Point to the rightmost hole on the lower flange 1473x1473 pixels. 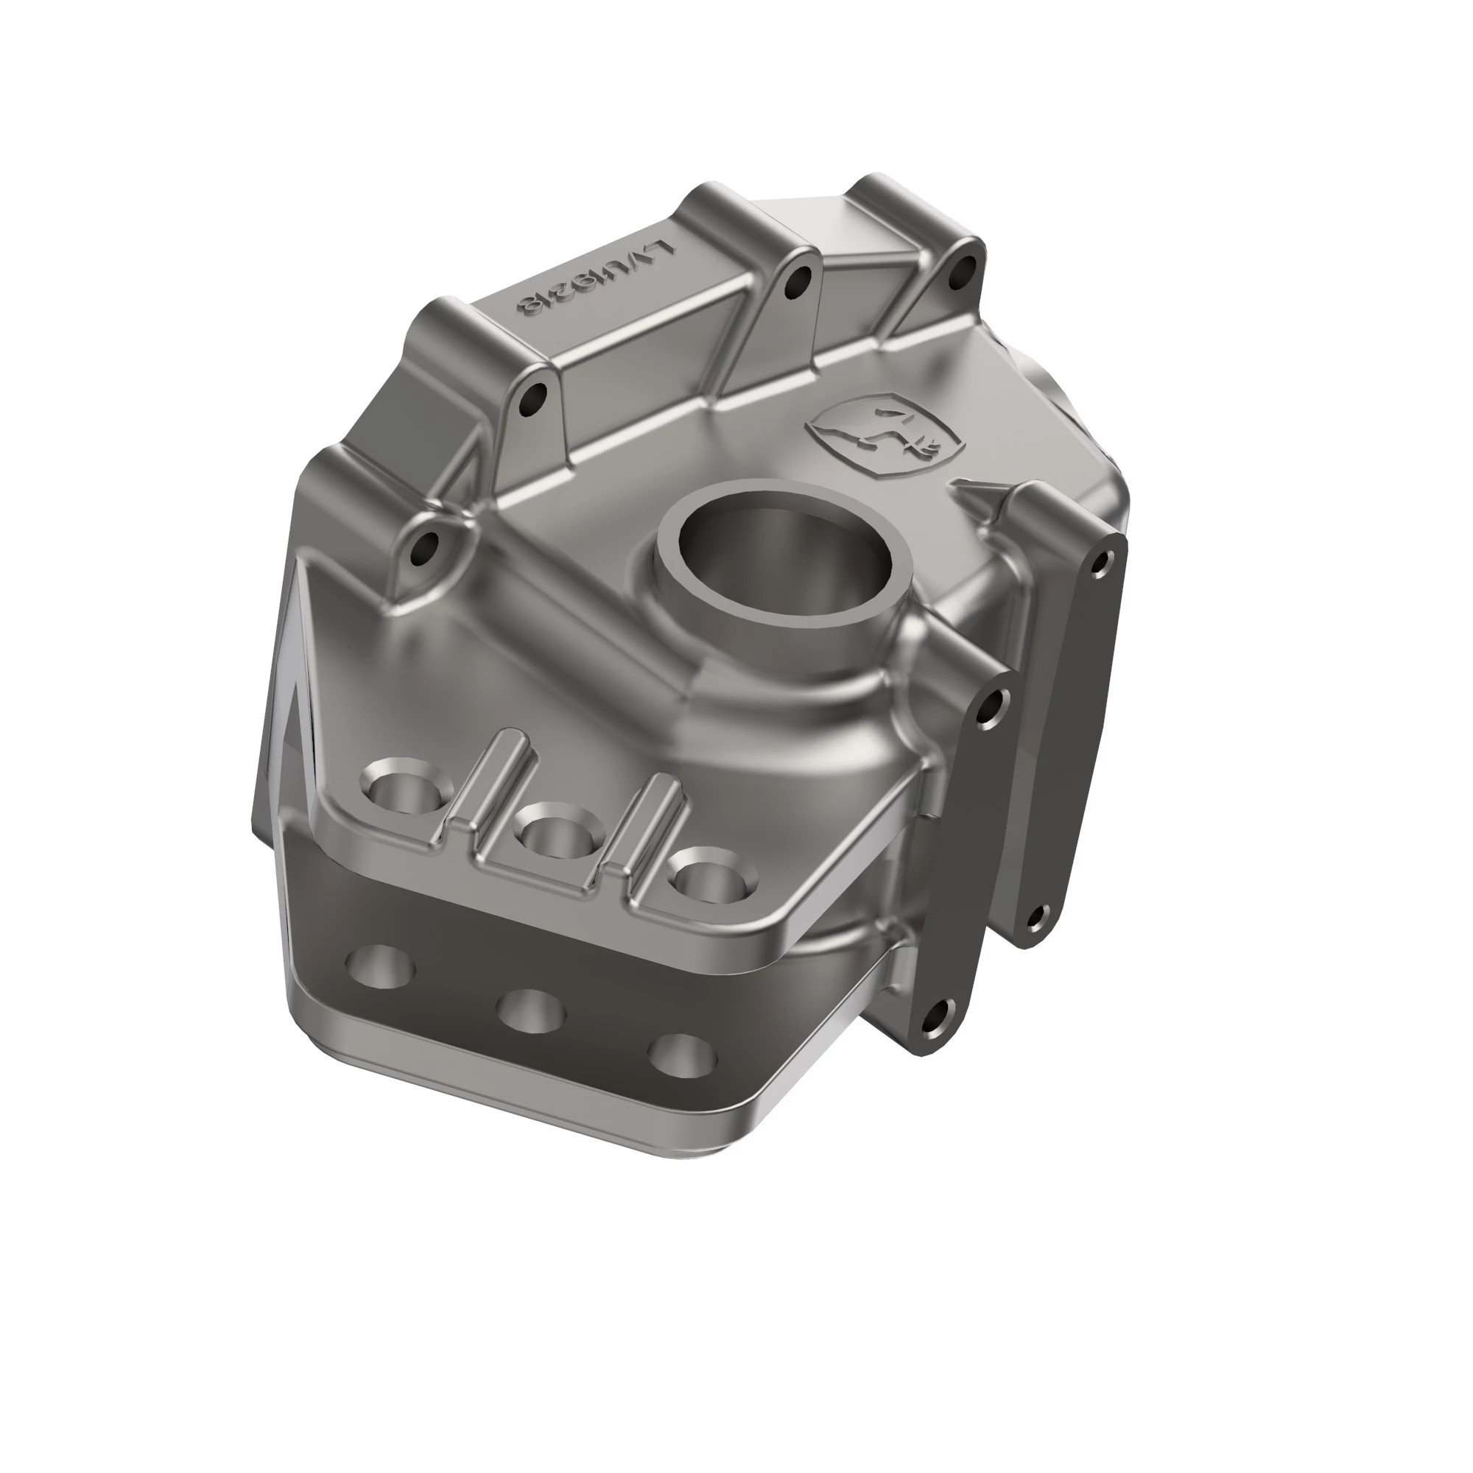coord(683,1055)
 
